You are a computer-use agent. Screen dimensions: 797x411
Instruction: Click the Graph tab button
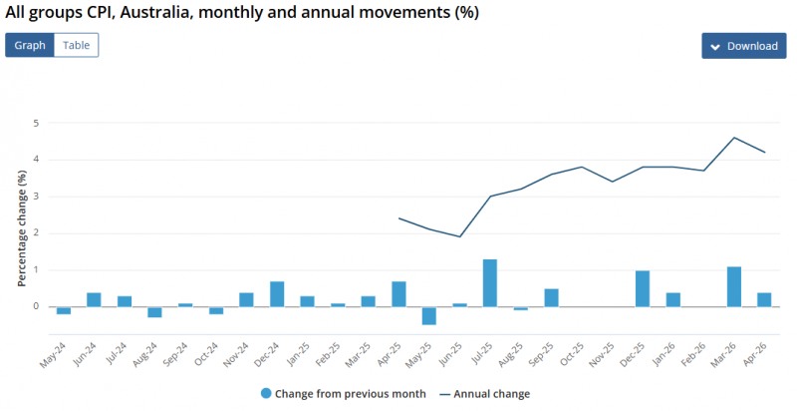(30, 45)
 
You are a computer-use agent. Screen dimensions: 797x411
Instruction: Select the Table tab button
(77, 45)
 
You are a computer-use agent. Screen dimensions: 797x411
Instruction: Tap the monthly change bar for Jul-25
(490, 283)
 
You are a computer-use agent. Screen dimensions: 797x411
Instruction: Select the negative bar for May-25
(429, 316)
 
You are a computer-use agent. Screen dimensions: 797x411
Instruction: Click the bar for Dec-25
(643, 288)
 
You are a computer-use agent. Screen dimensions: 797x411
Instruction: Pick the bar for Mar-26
(734, 286)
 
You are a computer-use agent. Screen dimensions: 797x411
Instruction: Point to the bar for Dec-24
(277, 294)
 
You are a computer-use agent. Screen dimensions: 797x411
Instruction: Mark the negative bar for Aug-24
(155, 312)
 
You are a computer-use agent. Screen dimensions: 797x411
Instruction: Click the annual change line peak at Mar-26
(734, 138)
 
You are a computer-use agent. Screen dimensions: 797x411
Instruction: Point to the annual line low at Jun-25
(460, 236)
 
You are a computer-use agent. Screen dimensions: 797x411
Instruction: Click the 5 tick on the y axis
(36, 123)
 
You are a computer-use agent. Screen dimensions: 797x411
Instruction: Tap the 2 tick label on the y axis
(36, 233)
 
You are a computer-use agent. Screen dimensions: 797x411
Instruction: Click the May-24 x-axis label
(54, 354)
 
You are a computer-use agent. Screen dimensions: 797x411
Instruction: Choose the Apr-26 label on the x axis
(755, 354)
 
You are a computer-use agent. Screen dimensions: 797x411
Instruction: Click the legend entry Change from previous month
(343, 394)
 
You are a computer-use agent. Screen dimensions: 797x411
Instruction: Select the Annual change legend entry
(485, 394)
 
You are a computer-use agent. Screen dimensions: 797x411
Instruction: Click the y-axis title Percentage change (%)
(22, 227)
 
